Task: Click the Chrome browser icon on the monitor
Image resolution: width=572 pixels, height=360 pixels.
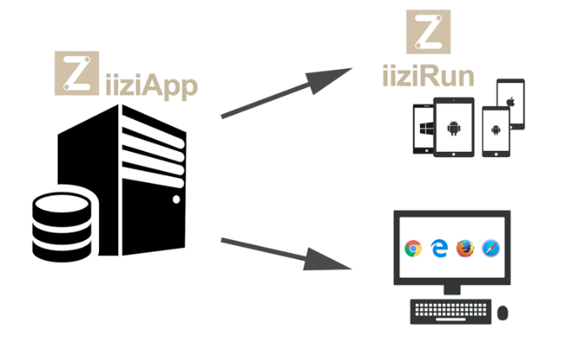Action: click(x=412, y=248)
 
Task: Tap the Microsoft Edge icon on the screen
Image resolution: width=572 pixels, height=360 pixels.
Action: click(x=439, y=248)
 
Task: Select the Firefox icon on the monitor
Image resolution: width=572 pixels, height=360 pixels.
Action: click(x=465, y=248)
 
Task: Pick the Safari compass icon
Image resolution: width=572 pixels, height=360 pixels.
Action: click(x=491, y=248)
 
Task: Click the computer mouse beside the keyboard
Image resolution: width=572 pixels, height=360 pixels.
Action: click(x=503, y=312)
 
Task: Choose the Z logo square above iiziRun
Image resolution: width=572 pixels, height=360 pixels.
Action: click(x=428, y=31)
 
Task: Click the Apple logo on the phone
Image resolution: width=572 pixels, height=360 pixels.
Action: click(x=510, y=101)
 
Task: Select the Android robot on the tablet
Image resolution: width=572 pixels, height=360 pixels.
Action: click(x=455, y=128)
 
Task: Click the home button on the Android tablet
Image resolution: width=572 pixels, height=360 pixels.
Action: click(x=455, y=150)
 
